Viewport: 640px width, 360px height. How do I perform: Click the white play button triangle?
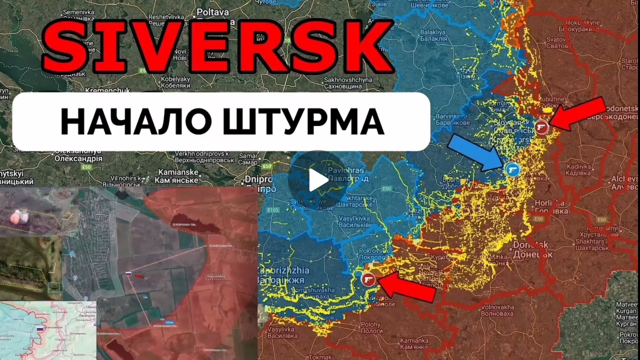tap(318, 180)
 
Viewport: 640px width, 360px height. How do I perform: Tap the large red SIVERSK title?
tap(218, 47)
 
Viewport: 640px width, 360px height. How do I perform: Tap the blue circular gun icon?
tap(513, 169)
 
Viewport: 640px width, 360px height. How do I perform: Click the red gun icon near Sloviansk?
tap(542, 127)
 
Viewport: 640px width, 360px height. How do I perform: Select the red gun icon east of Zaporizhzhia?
tap(368, 279)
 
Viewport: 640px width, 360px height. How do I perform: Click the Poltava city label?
tap(213, 12)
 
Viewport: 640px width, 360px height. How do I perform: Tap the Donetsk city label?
tap(533, 249)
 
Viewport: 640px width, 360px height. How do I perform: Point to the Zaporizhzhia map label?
tap(283, 275)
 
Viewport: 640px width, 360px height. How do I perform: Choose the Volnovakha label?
tap(497, 310)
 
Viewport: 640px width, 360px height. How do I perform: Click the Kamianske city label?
tap(178, 176)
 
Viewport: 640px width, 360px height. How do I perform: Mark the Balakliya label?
tap(433, 35)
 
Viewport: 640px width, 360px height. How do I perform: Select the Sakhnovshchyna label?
tap(348, 83)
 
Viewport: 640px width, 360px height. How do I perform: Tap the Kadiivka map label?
tap(578, 170)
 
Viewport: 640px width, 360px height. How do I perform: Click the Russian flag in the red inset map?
tap(128, 274)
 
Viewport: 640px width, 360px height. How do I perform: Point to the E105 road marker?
tap(273, 210)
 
